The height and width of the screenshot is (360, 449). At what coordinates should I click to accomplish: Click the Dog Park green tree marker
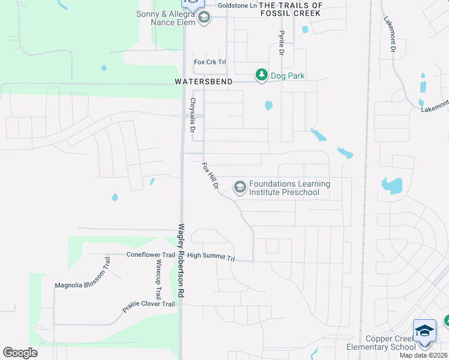(261, 75)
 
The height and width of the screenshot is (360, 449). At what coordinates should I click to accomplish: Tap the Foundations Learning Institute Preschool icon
(240, 188)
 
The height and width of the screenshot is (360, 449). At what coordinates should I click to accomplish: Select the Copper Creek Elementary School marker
(424, 331)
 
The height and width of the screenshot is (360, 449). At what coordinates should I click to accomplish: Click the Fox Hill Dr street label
(209, 175)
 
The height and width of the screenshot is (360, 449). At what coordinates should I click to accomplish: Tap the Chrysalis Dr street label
(193, 115)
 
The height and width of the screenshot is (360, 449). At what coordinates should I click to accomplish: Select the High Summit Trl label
(211, 256)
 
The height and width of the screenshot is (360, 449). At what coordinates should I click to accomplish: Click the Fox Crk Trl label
(209, 62)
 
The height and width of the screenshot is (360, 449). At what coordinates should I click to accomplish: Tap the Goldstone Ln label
(237, 5)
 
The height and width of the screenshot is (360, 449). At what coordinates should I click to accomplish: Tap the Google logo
(20, 353)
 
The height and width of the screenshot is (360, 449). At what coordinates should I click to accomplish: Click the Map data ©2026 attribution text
(424, 355)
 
